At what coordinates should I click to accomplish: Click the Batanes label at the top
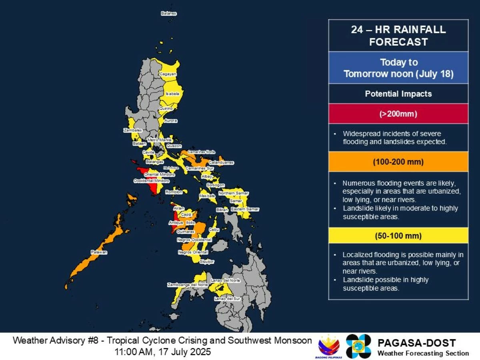(x=168, y=13)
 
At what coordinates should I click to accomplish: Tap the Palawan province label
(x=99, y=252)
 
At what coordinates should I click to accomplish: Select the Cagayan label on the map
(x=168, y=74)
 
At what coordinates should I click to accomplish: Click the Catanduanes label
(x=221, y=163)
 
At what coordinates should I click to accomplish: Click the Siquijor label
(x=207, y=262)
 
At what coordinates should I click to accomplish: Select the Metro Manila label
(x=160, y=140)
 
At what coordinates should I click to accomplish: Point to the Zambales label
(x=132, y=130)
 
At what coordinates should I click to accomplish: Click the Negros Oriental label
(x=193, y=252)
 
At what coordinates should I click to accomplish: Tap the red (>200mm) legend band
(x=398, y=114)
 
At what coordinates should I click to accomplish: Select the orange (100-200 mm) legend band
(x=398, y=162)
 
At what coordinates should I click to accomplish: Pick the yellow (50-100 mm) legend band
(x=398, y=236)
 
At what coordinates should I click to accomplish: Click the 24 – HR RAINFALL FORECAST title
(x=398, y=36)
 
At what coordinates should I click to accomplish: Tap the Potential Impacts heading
(x=398, y=94)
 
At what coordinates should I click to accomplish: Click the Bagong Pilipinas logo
(x=329, y=346)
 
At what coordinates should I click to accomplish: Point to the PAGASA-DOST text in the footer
(x=416, y=343)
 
